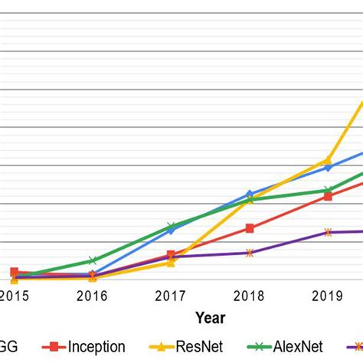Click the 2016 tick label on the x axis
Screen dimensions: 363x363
coord(92,295)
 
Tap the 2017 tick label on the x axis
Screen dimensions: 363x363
coord(171,295)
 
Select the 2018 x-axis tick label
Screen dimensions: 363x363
coord(250,295)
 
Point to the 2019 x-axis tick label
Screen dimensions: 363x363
coord(328,295)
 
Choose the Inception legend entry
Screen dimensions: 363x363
coord(96,346)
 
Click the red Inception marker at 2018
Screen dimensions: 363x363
coord(250,227)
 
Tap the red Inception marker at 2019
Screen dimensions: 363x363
coord(328,196)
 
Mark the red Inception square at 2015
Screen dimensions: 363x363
coord(14,272)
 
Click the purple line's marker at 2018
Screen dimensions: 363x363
coord(250,252)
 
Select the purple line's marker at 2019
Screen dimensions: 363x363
coord(328,232)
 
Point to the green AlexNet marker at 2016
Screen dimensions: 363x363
coord(92,260)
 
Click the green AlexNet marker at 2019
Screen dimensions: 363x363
coord(328,190)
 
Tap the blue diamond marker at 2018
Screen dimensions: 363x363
coord(250,194)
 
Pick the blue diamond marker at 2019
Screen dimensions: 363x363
coord(328,167)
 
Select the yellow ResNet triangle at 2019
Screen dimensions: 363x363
coord(328,161)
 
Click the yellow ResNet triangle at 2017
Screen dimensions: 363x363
coord(171,263)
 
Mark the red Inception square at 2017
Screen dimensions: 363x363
coord(171,254)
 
